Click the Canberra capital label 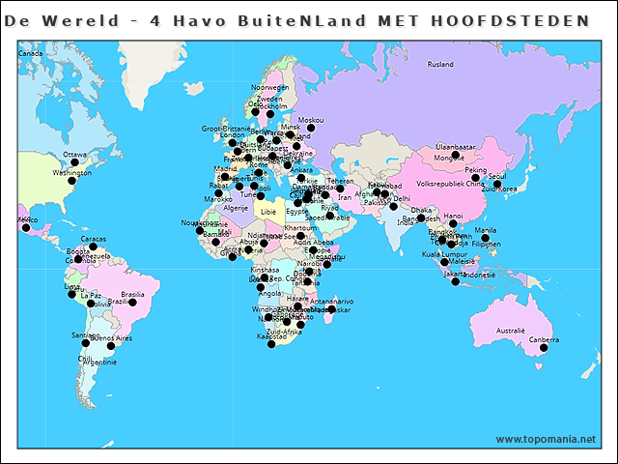pyautogui.click(x=544, y=339)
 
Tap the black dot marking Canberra pyautogui.click(x=544, y=348)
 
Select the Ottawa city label pyautogui.click(x=74, y=154)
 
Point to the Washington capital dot pyautogui.click(x=70, y=181)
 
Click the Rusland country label pyautogui.click(x=440, y=65)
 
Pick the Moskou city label pyautogui.click(x=310, y=120)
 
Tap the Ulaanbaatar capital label pyautogui.click(x=456, y=146)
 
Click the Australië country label pyautogui.click(x=510, y=331)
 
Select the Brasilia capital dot pyautogui.click(x=132, y=303)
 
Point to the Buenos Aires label pyautogui.click(x=110, y=337)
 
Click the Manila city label pyautogui.click(x=486, y=230)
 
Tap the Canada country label pyautogui.click(x=31, y=53)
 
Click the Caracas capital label pyautogui.click(x=94, y=239)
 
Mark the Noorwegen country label pyautogui.click(x=270, y=87)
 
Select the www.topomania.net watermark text pyautogui.click(x=546, y=439)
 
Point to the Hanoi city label pyautogui.click(x=453, y=216)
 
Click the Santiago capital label pyautogui.click(x=85, y=334)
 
